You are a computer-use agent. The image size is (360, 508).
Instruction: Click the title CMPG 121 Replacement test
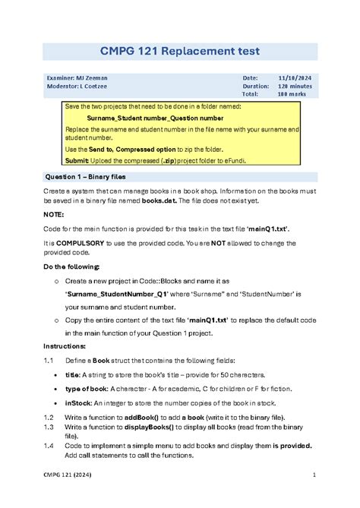[180, 51]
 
